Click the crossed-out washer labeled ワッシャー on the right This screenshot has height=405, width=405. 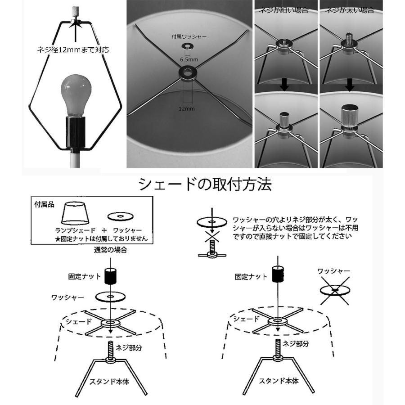[x=335, y=291]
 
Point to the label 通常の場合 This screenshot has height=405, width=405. [x=110, y=249]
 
